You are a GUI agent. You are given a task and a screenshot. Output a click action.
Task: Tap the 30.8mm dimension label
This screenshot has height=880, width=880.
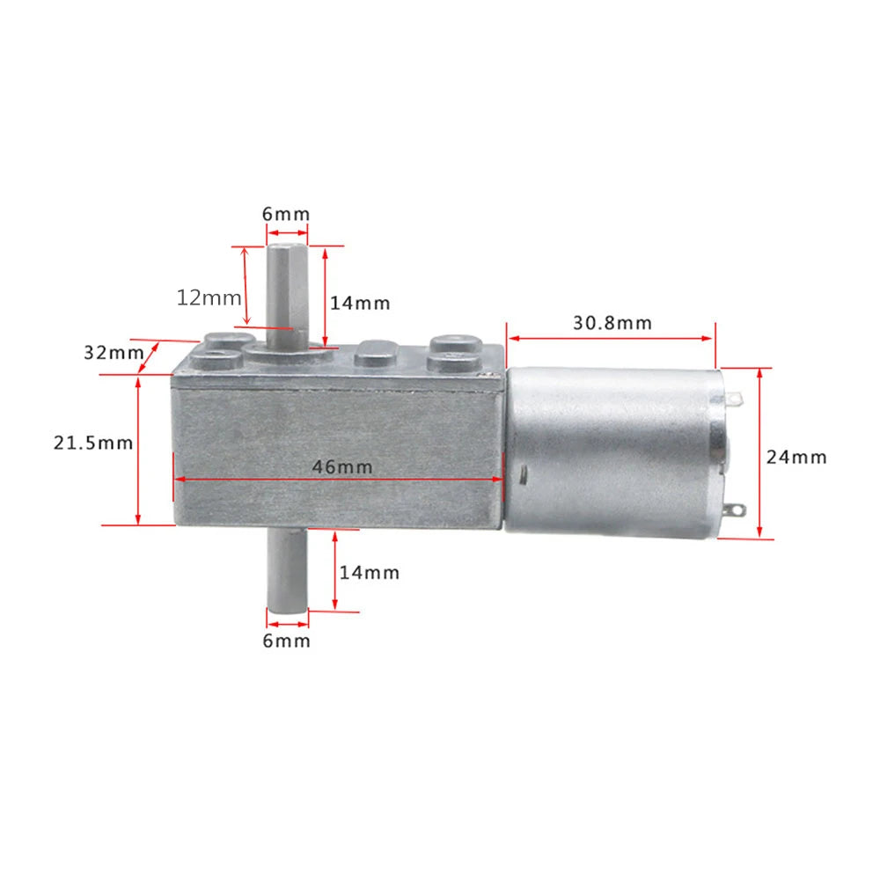tap(612, 323)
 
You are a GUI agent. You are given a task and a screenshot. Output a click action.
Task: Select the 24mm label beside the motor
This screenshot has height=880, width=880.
tap(796, 457)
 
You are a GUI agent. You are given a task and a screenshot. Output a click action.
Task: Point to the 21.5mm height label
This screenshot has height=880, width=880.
tap(92, 443)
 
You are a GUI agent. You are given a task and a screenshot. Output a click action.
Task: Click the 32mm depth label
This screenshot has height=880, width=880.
tap(114, 353)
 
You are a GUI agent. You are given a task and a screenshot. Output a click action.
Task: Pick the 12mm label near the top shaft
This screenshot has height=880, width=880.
tap(209, 297)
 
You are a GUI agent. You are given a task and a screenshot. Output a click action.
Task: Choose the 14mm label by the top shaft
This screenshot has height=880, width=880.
tap(360, 303)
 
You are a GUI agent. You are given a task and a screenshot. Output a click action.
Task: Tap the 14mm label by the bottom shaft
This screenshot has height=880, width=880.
tap(370, 573)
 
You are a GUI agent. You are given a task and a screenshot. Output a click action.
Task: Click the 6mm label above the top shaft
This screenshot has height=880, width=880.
tap(287, 215)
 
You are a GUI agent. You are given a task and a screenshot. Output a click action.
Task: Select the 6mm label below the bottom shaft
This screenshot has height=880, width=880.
tap(287, 641)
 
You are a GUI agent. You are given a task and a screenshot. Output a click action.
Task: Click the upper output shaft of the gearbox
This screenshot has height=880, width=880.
tap(287, 286)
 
